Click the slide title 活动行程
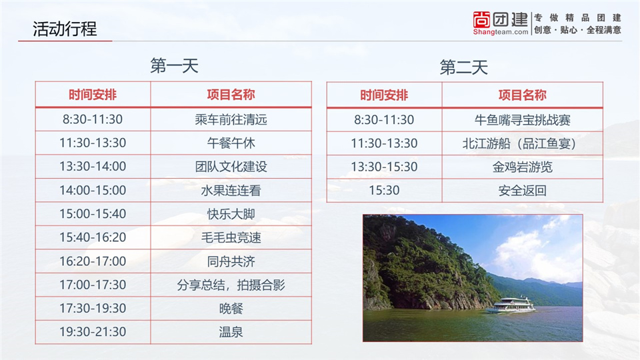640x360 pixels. pos(65,29)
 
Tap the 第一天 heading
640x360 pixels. pos(174,66)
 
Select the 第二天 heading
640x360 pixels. pos(464,67)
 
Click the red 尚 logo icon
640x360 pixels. pos(481,19)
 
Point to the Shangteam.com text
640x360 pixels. pos(501,32)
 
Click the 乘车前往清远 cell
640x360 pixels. pos(231,119)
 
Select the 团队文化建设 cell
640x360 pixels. pos(231,167)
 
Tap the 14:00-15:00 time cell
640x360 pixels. pos(93,190)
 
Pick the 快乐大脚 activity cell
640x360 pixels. pos(231,214)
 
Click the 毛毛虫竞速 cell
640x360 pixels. pos(231,237)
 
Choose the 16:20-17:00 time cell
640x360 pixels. pos(93,261)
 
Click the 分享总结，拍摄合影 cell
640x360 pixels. pos(231,285)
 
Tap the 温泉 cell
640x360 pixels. pos(231,332)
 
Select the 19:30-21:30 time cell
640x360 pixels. pos(93,332)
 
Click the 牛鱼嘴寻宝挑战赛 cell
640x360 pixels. pos(523,120)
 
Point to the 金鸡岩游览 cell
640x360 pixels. pos(523,167)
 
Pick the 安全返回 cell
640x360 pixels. pos(523,191)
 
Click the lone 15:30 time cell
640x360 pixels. pos(384,191)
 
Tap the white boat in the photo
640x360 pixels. pos(511,305)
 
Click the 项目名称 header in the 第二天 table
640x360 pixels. pos(523,95)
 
